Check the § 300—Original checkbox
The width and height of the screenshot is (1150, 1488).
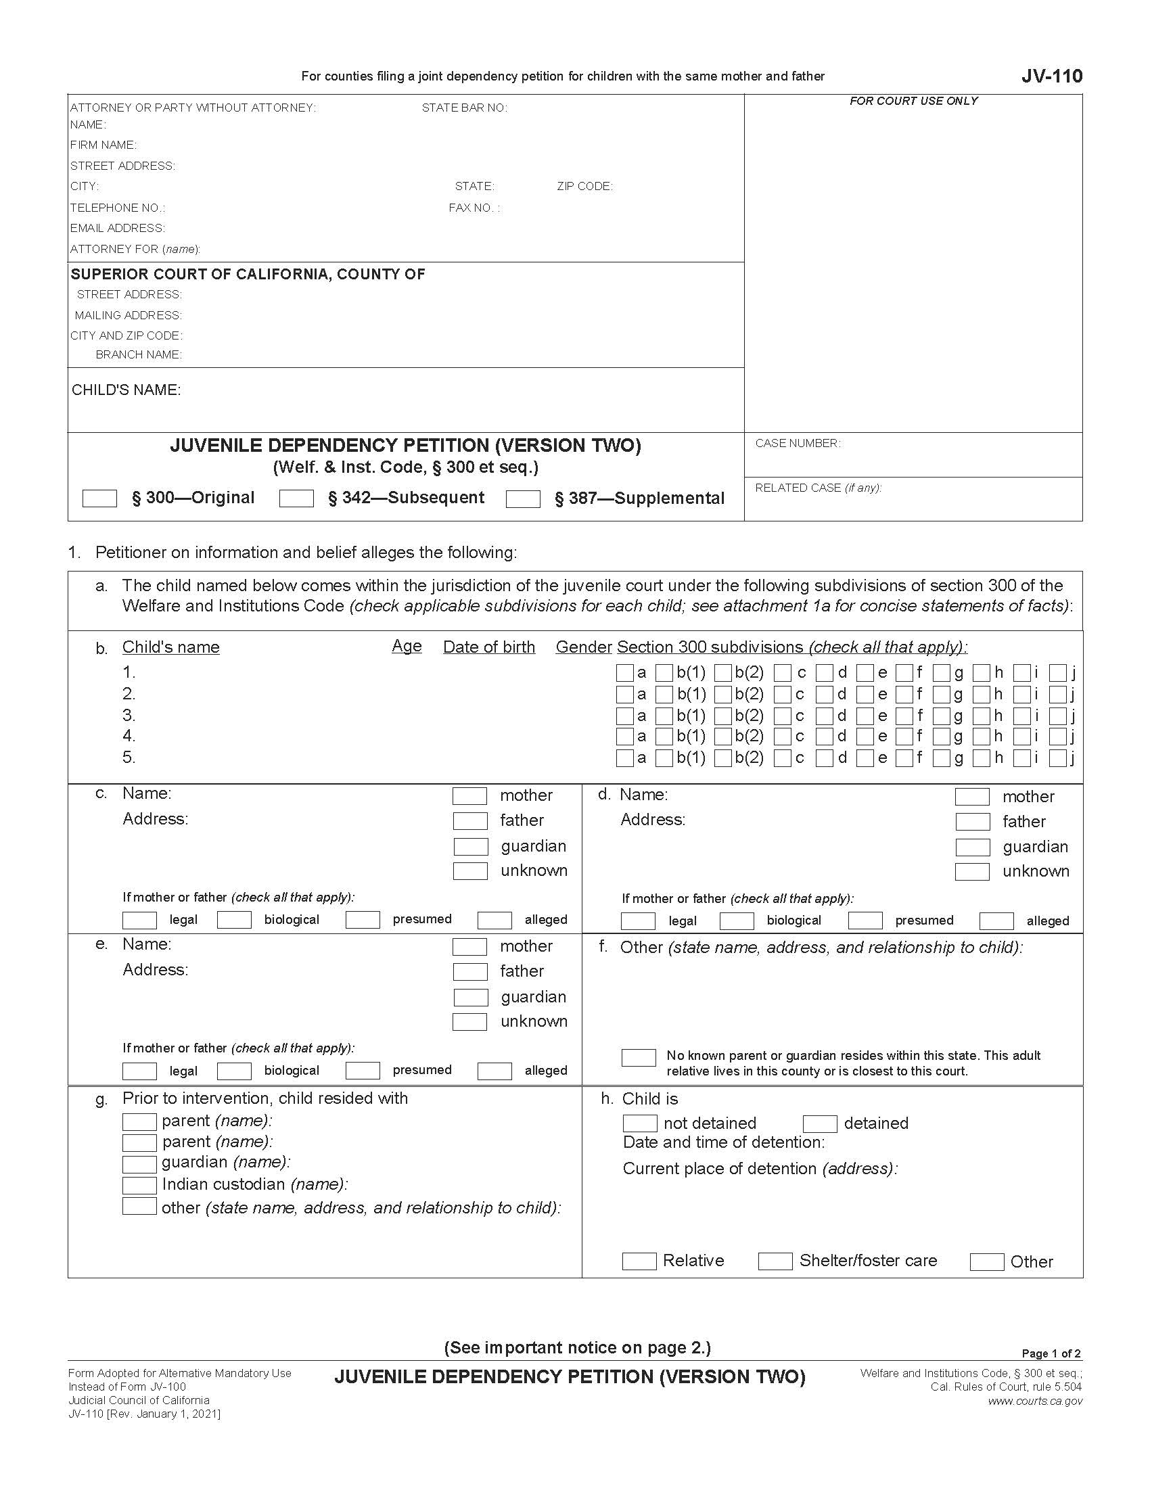99,498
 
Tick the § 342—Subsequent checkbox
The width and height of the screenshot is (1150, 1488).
296,498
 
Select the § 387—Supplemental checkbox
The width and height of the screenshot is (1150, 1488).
523,499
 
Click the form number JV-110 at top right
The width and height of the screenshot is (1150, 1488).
1051,76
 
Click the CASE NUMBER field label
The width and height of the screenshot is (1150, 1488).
798,444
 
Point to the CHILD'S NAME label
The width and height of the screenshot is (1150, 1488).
126,390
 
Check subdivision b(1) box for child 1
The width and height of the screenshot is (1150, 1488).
664,673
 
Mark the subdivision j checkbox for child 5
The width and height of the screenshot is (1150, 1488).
1057,758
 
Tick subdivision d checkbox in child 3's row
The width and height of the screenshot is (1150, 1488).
825,716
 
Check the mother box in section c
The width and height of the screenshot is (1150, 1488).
470,796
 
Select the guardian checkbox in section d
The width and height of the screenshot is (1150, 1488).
972,847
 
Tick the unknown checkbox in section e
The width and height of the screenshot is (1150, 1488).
470,1022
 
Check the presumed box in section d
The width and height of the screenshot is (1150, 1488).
865,921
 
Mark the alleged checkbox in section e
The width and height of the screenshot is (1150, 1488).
495,1071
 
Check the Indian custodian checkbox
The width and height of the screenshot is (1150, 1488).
139,1185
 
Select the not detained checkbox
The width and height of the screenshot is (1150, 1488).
640,1123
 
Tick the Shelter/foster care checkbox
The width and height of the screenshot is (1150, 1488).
775,1261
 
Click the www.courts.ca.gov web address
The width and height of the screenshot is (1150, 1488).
1035,1401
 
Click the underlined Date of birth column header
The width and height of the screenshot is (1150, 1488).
488,647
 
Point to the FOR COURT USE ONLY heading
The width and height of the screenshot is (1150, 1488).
913,101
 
